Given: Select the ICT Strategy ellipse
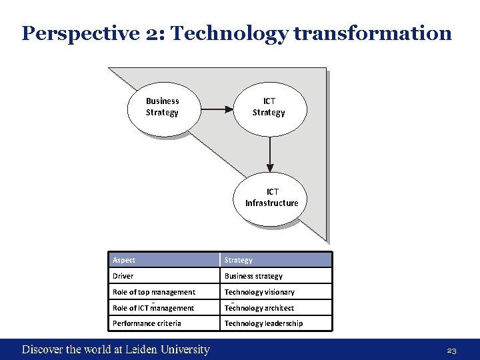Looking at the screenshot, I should [x=269, y=107].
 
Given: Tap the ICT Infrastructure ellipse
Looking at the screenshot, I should [x=271, y=198].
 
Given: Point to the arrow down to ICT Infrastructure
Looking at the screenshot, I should [x=270, y=154].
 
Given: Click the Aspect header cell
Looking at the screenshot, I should [x=164, y=260].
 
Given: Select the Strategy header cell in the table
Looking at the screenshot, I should [x=275, y=260].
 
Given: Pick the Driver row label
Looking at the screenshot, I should [x=164, y=276].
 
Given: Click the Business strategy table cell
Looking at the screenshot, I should [x=275, y=276].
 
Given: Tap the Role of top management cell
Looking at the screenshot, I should [x=164, y=292].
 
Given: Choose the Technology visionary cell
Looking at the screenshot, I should [x=275, y=292].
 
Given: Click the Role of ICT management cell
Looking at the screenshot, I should [x=164, y=308].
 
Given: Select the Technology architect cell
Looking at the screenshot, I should [x=275, y=308].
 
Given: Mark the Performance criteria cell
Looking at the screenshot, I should [x=164, y=323].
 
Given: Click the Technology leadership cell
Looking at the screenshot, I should [x=275, y=323].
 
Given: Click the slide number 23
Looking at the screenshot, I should [x=451, y=350].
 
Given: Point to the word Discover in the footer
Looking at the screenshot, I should [x=43, y=349].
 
